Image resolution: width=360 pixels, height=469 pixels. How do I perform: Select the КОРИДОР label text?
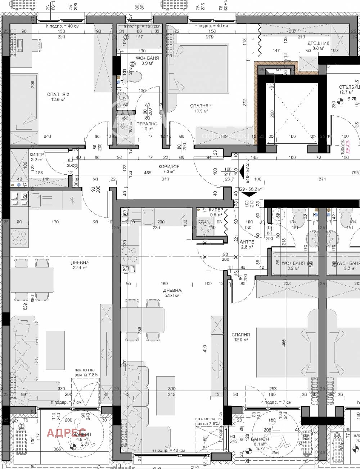pyautogui.click(x=169, y=166)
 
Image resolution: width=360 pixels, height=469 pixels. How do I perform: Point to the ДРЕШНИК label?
pyautogui.click(x=318, y=43)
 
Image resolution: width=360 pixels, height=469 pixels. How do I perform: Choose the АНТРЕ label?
pyautogui.click(x=247, y=242)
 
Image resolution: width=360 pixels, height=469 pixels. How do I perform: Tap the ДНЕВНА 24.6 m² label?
pyautogui.click(x=172, y=290)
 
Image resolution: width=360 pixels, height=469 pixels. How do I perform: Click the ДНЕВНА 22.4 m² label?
pyautogui.click(x=80, y=263)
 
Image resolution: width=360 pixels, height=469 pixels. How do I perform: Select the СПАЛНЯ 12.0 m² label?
pyautogui.click(x=241, y=335)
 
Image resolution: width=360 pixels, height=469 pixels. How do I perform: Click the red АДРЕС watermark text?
pyautogui.click(x=67, y=432)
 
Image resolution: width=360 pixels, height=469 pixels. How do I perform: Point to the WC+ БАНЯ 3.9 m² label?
pyautogui.click(x=147, y=58)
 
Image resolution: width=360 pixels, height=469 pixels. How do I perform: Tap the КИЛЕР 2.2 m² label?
pyautogui.click(x=37, y=154)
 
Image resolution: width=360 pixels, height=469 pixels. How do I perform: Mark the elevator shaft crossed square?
pyautogui.click(x=291, y=112)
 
